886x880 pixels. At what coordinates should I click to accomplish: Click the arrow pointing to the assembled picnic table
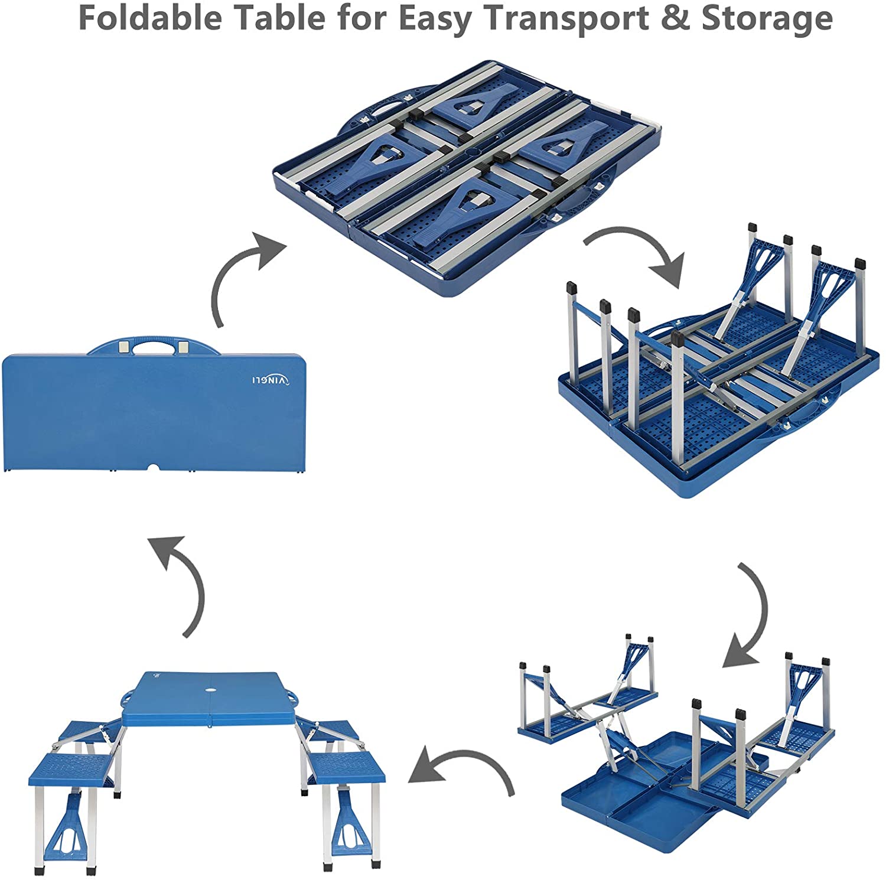click(x=461, y=768)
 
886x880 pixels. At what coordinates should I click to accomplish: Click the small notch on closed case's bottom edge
click(x=155, y=468)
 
